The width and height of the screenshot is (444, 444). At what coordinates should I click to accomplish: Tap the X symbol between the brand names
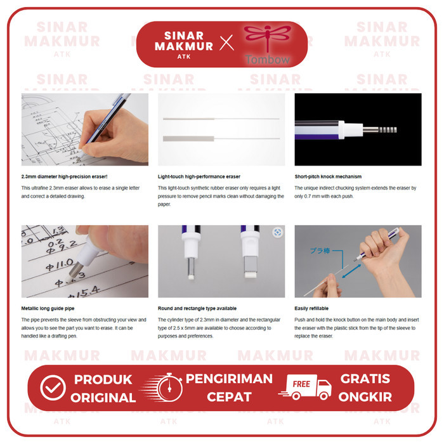click(x=226, y=43)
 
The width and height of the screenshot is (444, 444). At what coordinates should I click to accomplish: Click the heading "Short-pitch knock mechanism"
click(x=328, y=177)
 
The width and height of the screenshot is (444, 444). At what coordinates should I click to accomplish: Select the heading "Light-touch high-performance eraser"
click(x=199, y=177)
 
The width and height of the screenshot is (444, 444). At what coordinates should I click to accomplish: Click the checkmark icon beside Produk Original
click(x=53, y=388)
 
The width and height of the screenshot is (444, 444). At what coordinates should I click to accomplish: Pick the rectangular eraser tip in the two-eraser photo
click(x=249, y=271)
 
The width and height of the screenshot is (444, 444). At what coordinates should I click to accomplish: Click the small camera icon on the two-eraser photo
click(x=277, y=232)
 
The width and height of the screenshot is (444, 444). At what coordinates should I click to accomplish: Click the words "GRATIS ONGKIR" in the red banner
click(x=366, y=388)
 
